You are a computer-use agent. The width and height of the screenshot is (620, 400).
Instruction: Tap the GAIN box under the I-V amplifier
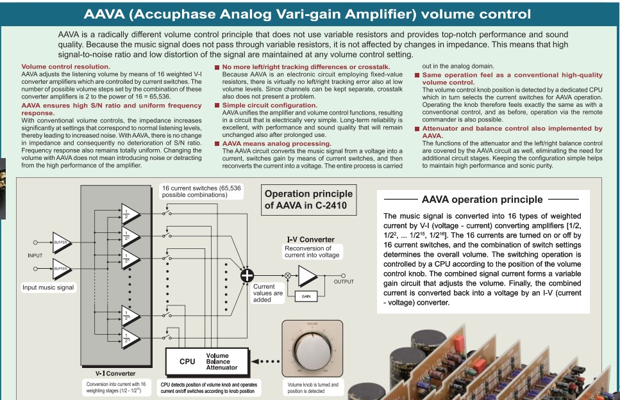pos(306,296)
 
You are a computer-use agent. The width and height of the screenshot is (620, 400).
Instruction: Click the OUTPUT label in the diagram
pos(343,282)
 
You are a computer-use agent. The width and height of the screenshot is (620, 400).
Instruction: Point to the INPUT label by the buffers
pos(35,255)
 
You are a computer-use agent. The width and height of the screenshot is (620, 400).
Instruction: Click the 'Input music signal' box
pos(48,287)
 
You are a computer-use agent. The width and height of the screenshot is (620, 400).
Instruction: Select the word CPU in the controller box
pos(187,362)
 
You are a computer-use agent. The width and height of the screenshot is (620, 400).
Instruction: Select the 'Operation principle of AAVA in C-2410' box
pos(308,200)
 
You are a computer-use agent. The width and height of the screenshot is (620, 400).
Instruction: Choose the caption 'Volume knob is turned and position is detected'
pos(313,387)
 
